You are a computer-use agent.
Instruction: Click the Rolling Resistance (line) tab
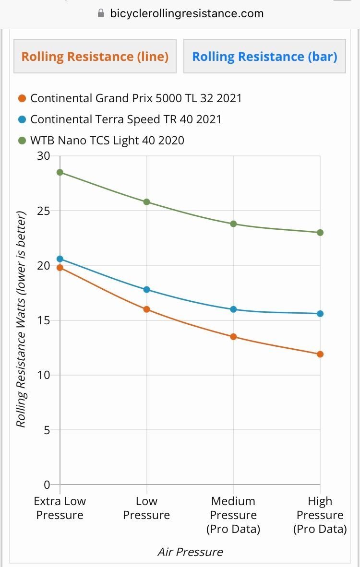95,57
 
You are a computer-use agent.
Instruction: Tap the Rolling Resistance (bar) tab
264,57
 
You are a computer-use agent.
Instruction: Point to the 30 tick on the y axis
44,156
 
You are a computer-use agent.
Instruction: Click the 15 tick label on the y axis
44,320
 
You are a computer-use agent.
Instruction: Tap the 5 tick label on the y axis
47,430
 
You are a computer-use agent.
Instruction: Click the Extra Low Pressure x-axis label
60,508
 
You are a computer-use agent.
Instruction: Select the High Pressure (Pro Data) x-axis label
320,515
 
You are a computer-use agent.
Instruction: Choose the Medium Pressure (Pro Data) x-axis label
233,515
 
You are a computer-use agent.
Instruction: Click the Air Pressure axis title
190,552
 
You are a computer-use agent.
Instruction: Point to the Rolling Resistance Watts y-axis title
21,320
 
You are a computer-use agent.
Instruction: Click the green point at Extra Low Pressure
60,172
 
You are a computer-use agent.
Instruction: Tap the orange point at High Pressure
320,354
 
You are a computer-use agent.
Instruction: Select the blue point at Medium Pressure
233,309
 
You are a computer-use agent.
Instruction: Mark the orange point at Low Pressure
147,309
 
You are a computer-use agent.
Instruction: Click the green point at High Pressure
320,233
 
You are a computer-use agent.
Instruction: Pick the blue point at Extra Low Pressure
60,259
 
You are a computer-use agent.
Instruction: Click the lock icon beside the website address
101,13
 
